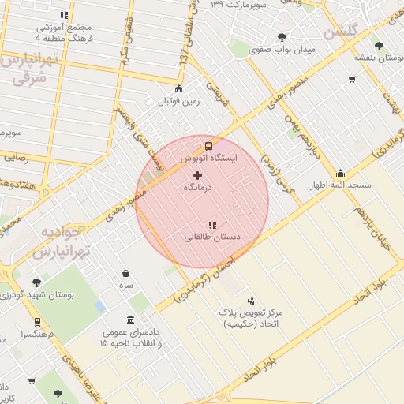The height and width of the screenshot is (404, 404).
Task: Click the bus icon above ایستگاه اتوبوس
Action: click(x=208, y=146)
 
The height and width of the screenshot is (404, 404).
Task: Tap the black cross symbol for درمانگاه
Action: click(x=196, y=174)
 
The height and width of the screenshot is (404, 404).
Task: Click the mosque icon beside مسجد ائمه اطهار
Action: click(x=340, y=174)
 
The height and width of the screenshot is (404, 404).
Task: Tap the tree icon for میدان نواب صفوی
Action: click(x=282, y=37)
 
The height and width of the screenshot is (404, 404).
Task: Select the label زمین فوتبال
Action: click(x=180, y=101)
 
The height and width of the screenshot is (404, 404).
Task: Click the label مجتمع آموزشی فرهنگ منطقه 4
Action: click(x=64, y=32)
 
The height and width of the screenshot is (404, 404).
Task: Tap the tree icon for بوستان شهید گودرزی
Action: click(x=36, y=282)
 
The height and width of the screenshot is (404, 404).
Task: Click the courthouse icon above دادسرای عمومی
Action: click(x=129, y=320)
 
